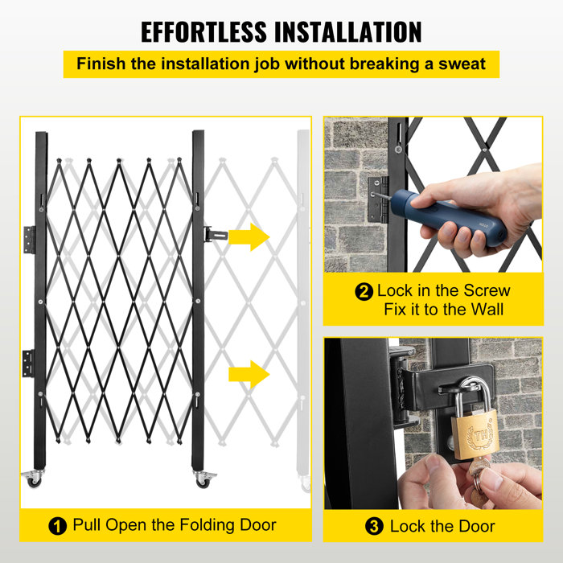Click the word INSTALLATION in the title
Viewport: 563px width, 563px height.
click(x=350, y=31)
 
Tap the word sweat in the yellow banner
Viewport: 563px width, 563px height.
click(x=462, y=64)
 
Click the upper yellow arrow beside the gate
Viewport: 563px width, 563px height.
click(x=249, y=236)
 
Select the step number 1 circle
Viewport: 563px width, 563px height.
click(x=57, y=527)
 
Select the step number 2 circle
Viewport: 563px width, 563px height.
click(x=364, y=292)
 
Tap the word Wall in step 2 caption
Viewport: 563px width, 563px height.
click(x=487, y=310)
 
